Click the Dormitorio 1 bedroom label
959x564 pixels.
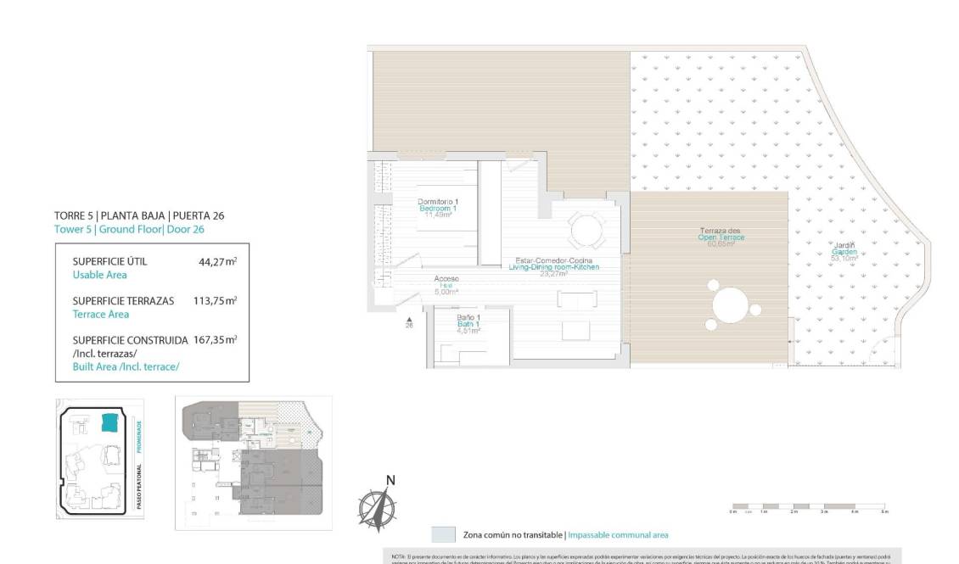438,208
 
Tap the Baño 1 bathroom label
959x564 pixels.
466,324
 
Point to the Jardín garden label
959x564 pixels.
844,250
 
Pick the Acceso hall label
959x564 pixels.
446,284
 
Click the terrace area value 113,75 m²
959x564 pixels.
214,301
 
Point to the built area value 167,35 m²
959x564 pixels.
215,340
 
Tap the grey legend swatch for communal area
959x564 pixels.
443,534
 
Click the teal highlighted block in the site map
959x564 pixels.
109,422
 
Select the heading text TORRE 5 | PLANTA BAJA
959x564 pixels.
139,215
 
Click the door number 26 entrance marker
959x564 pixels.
410,321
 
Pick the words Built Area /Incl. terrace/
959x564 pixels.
126,366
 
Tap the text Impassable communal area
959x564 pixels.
617,535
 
